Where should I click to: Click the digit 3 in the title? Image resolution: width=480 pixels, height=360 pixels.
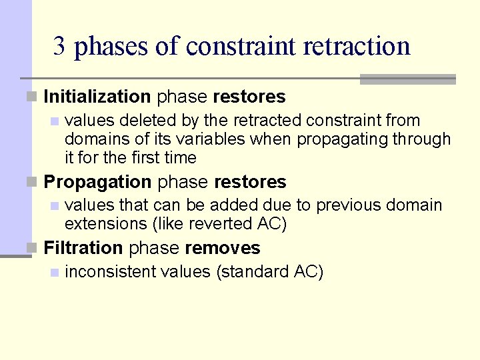click(60, 47)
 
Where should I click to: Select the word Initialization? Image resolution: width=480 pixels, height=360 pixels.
click(97, 97)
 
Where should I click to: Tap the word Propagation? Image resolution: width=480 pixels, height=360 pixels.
click(97, 182)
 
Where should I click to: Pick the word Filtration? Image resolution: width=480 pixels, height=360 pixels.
click(83, 248)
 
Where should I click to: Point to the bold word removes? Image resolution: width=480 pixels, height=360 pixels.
click(222, 248)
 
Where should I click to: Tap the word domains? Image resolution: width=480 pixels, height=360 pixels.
click(92, 139)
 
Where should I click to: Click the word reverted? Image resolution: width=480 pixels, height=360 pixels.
click(225, 224)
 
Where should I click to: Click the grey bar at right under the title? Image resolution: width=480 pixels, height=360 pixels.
click(407, 79)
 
